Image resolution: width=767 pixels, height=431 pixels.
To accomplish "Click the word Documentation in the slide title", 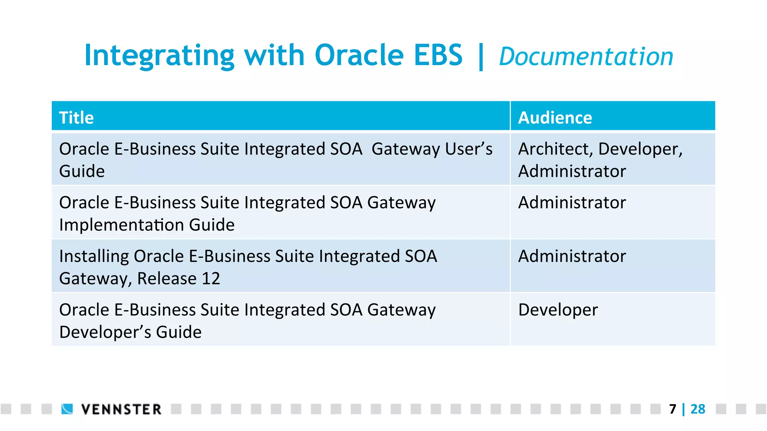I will pos(586,57).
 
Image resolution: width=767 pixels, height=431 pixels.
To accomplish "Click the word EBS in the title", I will pos(438,55).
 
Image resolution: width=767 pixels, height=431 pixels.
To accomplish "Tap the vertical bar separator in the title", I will pos(481,57).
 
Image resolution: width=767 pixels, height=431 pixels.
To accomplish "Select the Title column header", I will pos(76,118).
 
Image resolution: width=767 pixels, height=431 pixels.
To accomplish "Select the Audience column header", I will pos(555,118).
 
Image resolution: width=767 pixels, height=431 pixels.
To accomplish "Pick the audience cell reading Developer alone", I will pos(558,310).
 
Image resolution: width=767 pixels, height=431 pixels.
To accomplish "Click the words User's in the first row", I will pos(469,149).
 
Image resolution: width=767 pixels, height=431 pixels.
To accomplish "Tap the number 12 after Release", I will pos(211,279).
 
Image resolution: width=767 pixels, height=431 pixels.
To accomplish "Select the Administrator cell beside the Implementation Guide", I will pos(572,203).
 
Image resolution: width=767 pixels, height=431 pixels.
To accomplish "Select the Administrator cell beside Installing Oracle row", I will pos(572,256).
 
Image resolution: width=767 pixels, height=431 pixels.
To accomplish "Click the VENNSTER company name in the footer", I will pos(121,409).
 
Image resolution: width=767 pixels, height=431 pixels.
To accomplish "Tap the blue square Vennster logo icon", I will pos(67,409).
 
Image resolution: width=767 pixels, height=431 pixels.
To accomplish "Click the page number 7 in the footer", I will pos(673,409).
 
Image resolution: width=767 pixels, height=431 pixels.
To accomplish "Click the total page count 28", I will pos(698,409).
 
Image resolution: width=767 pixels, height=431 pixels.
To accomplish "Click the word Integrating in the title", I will pos(159,55).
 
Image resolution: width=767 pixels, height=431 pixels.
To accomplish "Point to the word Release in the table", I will pos(167,279).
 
